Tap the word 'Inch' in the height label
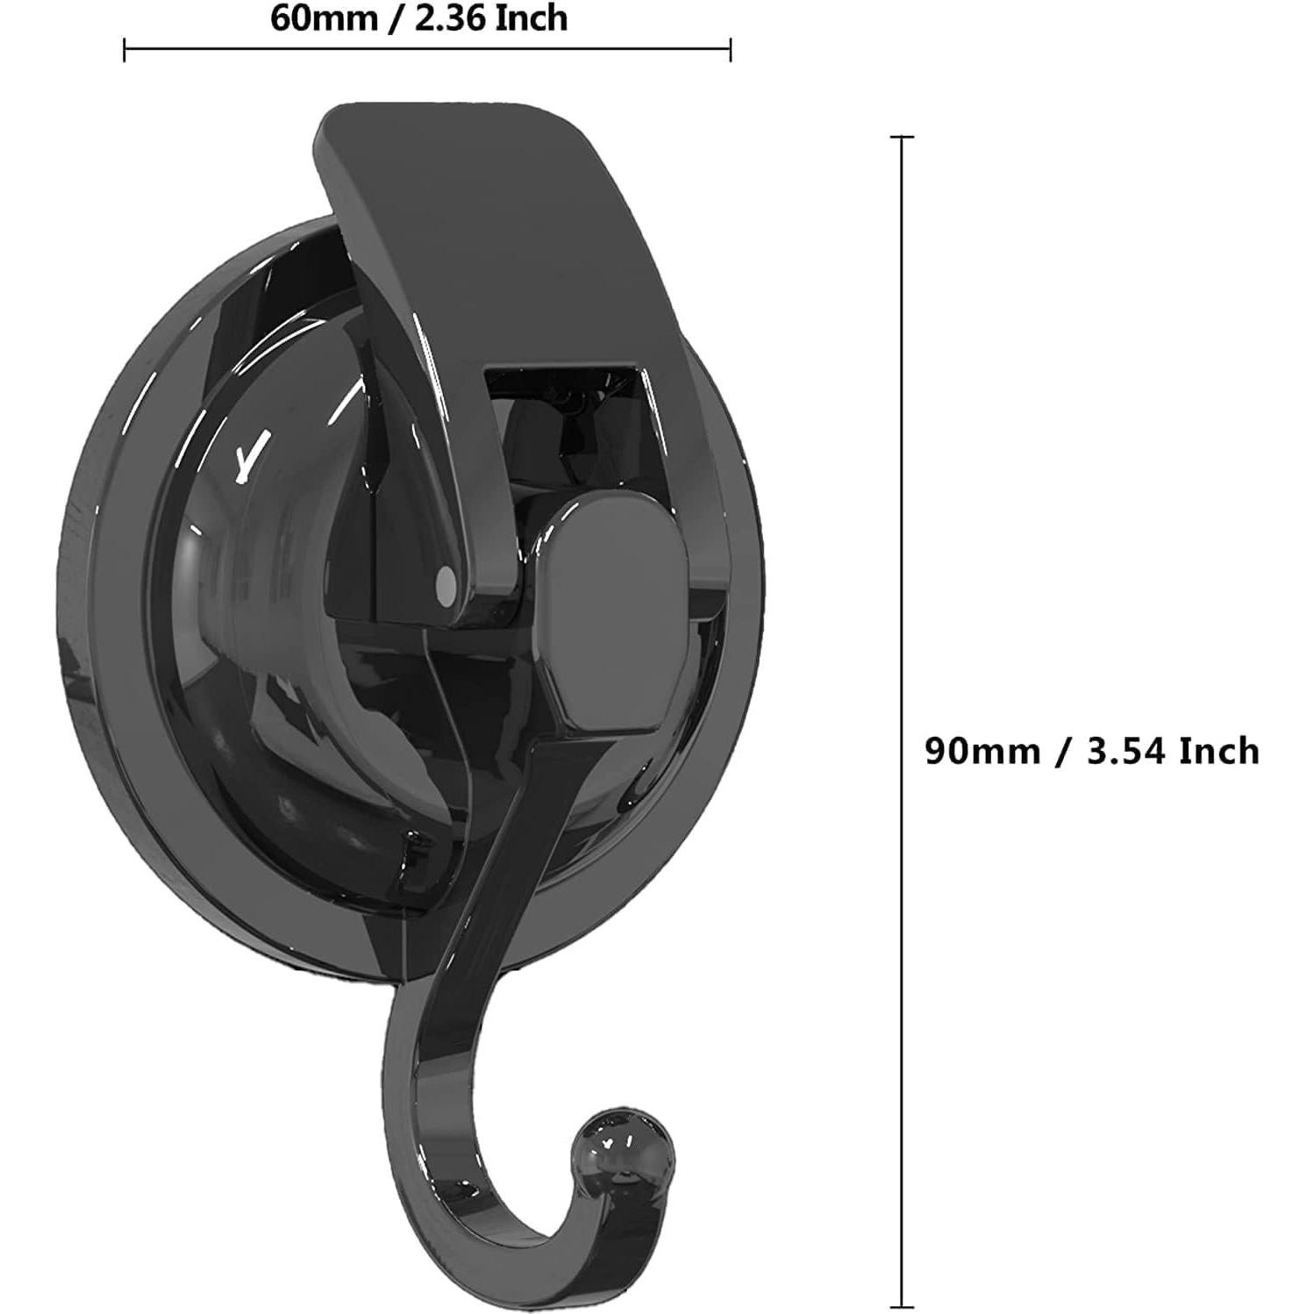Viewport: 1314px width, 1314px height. (x=1218, y=751)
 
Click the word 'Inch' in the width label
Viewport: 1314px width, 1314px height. (x=532, y=18)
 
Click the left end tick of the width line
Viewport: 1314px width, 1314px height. (x=125, y=51)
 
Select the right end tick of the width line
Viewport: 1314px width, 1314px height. (x=730, y=51)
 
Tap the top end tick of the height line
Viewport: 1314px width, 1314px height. (x=902, y=138)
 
